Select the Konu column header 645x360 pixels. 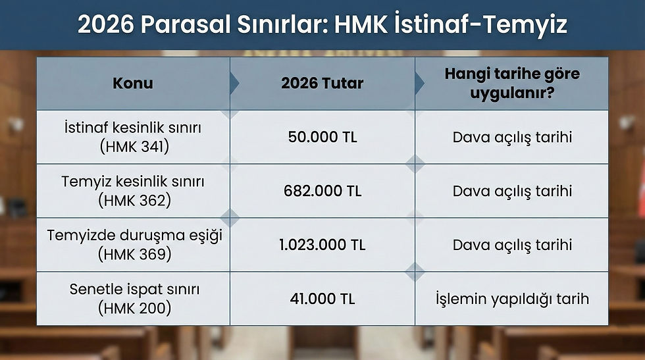coord(133,84)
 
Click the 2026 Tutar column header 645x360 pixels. coord(322,84)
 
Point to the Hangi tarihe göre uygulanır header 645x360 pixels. coord(512,84)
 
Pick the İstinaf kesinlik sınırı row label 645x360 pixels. coord(134,128)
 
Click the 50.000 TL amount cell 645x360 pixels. coord(322,138)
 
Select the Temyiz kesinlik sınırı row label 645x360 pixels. coord(133,182)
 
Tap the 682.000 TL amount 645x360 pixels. coord(322,192)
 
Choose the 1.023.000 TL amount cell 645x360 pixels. coord(322,245)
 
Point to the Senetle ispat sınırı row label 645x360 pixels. coord(134,289)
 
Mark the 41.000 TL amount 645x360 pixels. coord(322,299)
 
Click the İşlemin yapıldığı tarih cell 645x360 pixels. coord(512,299)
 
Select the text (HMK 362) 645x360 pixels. coord(134,201)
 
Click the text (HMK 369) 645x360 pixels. coord(134,255)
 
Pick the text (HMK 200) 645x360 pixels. coord(134,308)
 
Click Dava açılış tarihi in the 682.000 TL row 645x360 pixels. coord(512,192)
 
